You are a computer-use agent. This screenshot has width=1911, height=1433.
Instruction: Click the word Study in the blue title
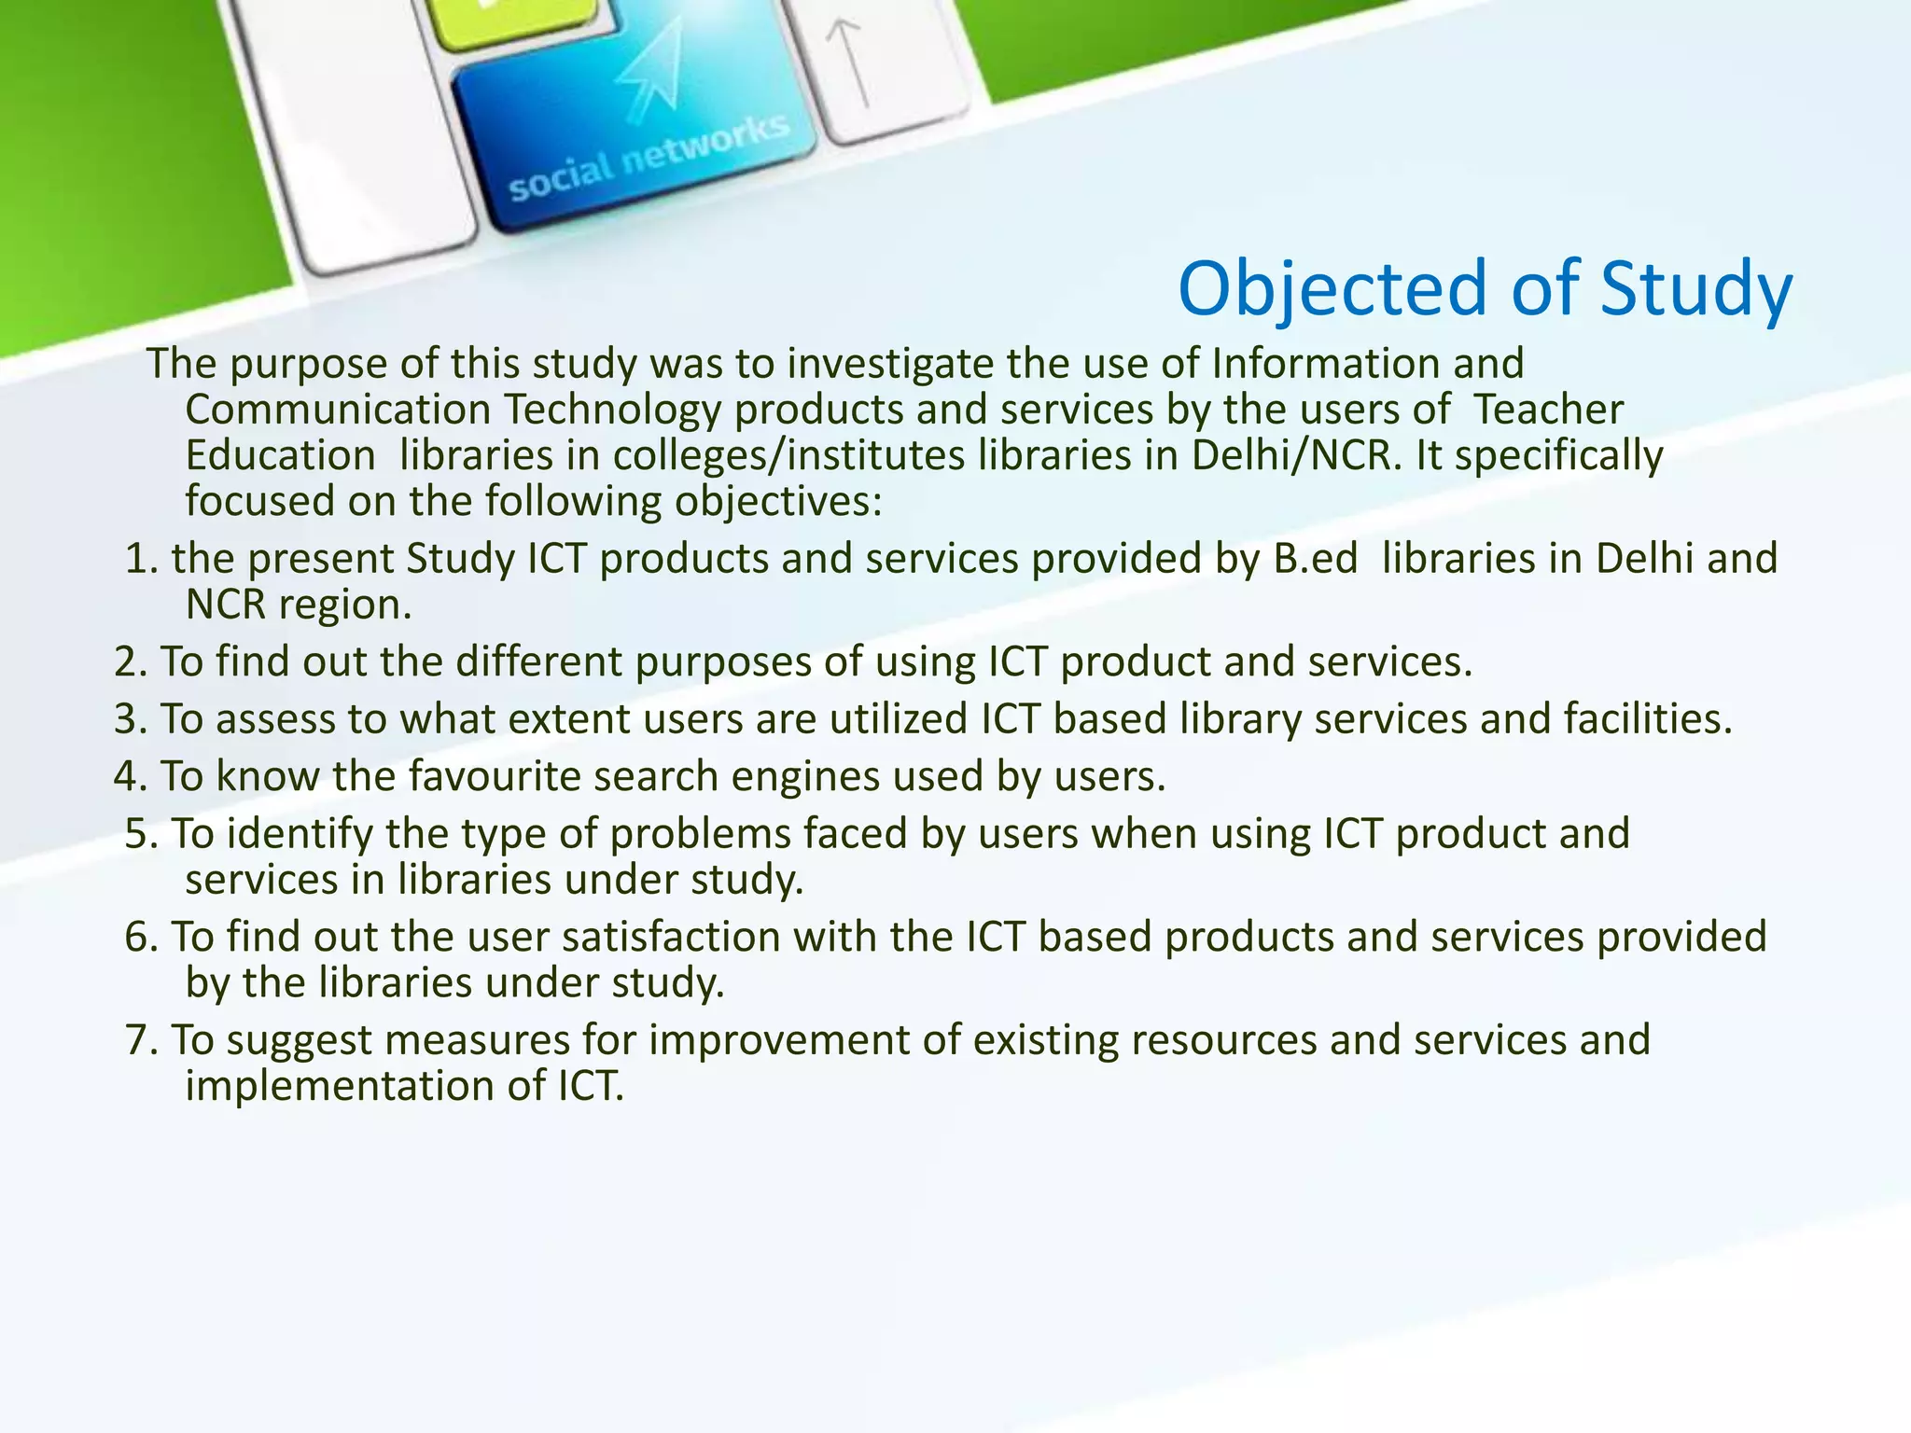coord(1695,289)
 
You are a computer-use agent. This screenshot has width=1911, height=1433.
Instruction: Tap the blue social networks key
coord(635,140)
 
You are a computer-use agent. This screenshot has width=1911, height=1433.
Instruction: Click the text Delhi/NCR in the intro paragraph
coord(1296,456)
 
